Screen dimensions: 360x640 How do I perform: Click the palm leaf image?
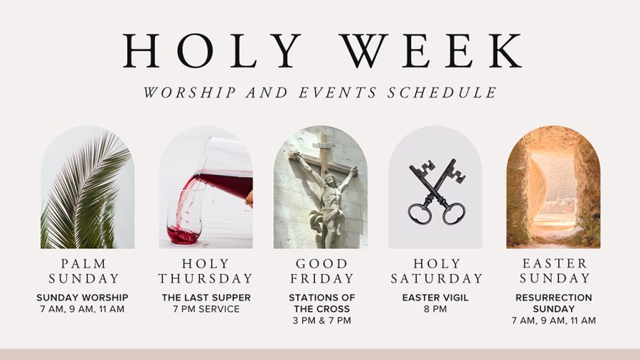[x=87, y=189]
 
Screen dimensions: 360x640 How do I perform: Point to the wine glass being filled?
[x=183, y=213]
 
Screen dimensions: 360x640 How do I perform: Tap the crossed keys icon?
[x=437, y=192]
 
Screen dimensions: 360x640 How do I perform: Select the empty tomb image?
[x=553, y=189]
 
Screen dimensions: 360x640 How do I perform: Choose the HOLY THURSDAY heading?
[x=206, y=271]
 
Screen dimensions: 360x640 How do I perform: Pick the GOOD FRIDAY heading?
[x=322, y=271]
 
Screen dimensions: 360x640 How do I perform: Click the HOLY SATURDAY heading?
[x=437, y=271]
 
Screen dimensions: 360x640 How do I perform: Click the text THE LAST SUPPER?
[x=206, y=297]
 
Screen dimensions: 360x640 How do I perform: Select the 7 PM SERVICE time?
[x=206, y=309]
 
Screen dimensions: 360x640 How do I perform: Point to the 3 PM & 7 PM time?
[x=322, y=320]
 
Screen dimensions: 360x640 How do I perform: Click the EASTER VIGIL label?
[x=435, y=297]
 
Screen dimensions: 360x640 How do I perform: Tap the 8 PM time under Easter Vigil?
[x=435, y=309]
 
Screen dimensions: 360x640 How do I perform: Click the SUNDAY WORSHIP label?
[x=82, y=297]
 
